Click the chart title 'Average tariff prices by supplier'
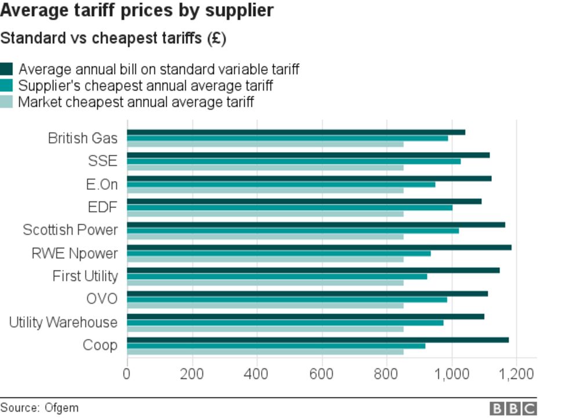coord(137,10)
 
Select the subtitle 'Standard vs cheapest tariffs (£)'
coord(113,39)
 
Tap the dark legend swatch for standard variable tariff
coord(6,70)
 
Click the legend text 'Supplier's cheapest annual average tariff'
coord(146,86)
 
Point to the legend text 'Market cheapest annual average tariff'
coord(136,103)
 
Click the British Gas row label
coord(82,138)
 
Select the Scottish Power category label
coord(70,230)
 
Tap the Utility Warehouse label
coord(63,322)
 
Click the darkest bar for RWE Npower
coord(319,247)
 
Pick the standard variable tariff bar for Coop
coord(318,339)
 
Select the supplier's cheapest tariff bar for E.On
coord(281,185)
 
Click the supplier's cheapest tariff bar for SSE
coord(293,161)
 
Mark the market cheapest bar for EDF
coord(265,214)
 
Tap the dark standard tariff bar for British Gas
coord(296,132)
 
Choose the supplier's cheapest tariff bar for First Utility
coord(277,276)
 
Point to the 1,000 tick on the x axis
coord(452,373)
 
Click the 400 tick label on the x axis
coord(256,373)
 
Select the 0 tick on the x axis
coord(127,373)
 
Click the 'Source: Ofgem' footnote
coord(39,408)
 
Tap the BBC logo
coord(513,409)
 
